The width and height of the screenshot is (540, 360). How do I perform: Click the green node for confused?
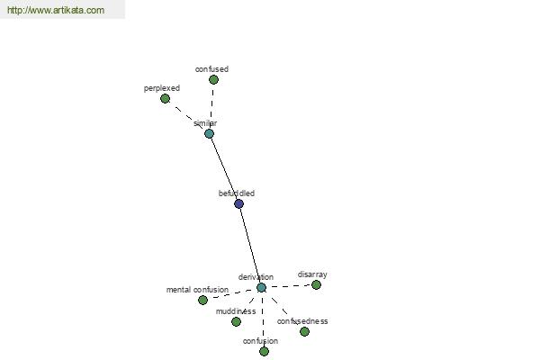[x=213, y=79]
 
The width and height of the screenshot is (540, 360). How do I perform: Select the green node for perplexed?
[x=165, y=98]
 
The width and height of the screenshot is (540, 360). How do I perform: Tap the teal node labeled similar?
[x=209, y=134]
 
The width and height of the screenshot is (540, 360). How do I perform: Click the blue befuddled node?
[x=238, y=203]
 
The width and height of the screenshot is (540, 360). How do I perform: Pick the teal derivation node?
[x=261, y=287]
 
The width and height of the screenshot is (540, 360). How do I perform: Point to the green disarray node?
[x=316, y=285]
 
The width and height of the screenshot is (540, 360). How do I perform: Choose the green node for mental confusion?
[x=202, y=300]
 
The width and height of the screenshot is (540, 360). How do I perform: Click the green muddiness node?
[x=236, y=322]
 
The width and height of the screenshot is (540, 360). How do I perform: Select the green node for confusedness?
[x=304, y=331]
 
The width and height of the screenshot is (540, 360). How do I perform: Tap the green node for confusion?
[x=264, y=351]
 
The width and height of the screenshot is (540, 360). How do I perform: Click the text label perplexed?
[x=162, y=88]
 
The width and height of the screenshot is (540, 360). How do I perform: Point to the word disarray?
[x=312, y=274]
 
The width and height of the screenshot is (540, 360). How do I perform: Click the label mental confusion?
[x=197, y=290]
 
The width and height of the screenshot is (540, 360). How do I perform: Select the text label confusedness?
[x=302, y=321]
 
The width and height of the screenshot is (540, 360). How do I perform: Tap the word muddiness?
[x=236, y=311]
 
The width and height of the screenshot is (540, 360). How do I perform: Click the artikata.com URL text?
[x=56, y=10]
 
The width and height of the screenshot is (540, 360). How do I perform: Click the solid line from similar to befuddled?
[x=224, y=169]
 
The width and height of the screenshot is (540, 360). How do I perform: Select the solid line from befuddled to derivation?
[x=250, y=246]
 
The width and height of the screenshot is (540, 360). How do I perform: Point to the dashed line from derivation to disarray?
[x=289, y=286]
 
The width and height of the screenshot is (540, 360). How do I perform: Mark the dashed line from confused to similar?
[x=211, y=107]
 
